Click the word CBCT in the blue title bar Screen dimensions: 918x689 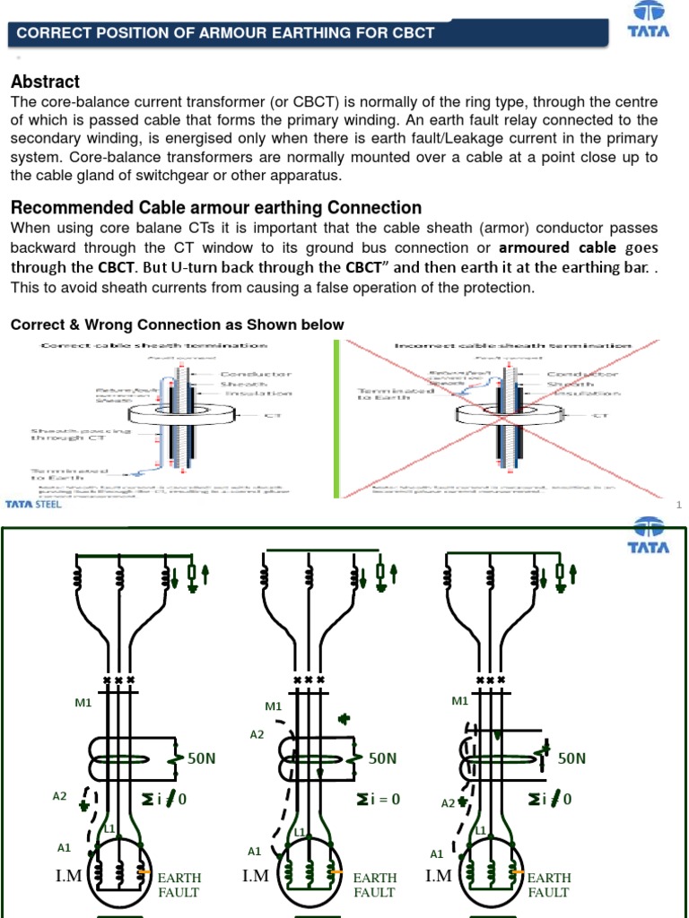413,33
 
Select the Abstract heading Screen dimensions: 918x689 45,82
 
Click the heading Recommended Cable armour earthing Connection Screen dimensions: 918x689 215,208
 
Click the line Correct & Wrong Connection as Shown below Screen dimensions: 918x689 177,325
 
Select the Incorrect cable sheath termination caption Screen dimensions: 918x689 512,345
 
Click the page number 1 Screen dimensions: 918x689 679,506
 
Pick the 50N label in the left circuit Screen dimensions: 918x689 202,758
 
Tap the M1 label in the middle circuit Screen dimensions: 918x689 274,706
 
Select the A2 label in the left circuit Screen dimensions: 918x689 60,796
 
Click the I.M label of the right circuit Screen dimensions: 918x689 440,876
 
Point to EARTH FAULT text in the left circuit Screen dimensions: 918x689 179,885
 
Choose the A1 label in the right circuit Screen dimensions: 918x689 437,854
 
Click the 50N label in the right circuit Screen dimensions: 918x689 571,758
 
